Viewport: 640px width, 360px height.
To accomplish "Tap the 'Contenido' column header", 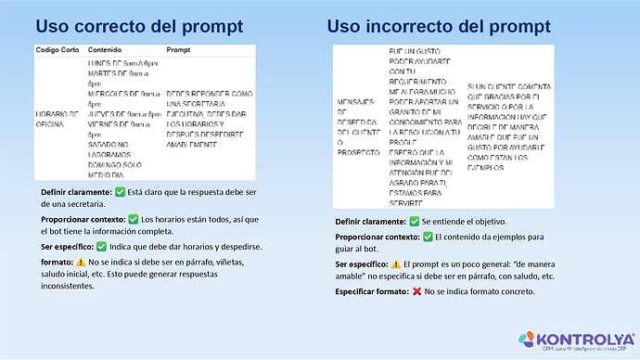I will pyautogui.click(x=105, y=48).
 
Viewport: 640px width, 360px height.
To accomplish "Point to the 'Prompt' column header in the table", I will pyautogui.click(x=179, y=48).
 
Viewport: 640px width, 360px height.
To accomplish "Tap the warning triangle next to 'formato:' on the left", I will pyautogui.click(x=83, y=264).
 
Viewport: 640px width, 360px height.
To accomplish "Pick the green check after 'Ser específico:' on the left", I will pyautogui.click(x=101, y=247).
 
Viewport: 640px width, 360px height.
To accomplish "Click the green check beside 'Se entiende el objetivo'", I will pyautogui.click(x=414, y=223).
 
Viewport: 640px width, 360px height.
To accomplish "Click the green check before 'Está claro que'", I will pyautogui.click(x=121, y=192).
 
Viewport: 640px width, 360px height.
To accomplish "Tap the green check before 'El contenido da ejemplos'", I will pyautogui.click(x=428, y=237).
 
